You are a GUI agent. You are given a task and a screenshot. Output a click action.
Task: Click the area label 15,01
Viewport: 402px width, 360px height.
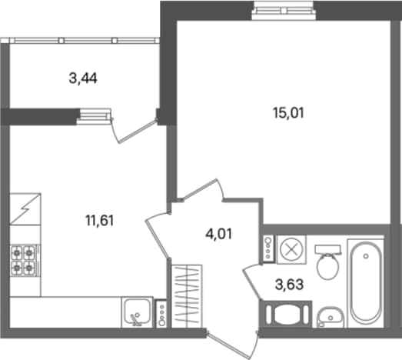[289, 113]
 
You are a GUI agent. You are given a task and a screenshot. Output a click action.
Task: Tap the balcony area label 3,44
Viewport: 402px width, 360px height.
[83, 78]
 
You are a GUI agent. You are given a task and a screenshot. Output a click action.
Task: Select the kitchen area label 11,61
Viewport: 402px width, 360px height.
[100, 221]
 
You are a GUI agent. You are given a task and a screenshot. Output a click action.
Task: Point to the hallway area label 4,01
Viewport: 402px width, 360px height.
[219, 234]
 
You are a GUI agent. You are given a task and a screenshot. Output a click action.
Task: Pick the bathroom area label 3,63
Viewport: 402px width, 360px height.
[290, 285]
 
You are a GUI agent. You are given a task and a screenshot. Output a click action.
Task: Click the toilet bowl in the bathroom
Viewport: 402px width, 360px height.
[328, 266]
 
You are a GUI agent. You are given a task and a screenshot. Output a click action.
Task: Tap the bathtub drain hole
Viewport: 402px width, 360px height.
[366, 256]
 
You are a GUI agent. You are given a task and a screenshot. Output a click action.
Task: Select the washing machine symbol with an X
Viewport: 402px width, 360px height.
[292, 249]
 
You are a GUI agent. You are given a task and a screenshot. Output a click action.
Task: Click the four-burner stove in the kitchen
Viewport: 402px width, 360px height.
[23, 261]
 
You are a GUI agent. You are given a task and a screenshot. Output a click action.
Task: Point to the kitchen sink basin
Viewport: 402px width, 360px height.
[137, 312]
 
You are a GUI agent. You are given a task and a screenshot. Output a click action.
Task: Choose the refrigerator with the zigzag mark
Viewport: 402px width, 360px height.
[25, 209]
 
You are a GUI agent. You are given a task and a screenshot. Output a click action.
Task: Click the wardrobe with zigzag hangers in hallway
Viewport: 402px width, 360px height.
[187, 296]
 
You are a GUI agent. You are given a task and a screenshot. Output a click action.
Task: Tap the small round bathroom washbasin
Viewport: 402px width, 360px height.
[331, 317]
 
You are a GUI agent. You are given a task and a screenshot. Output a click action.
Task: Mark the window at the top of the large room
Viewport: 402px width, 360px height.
[284, 11]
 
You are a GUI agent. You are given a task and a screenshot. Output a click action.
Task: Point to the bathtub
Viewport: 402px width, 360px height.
[366, 283]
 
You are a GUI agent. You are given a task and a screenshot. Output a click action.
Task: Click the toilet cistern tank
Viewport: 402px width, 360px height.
[328, 249]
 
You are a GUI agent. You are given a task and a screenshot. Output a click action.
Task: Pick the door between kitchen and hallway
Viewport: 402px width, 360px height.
[157, 235]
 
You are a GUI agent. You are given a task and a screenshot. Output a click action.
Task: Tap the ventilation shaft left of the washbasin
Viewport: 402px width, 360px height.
[286, 314]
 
